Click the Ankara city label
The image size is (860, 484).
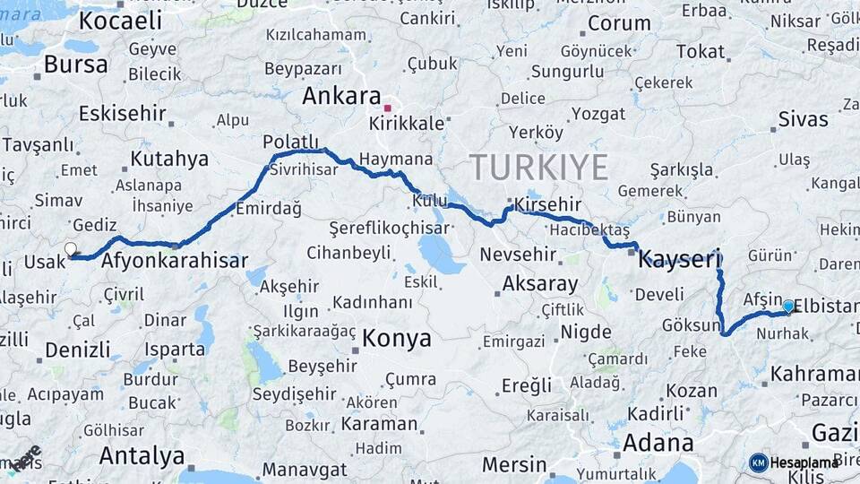pyautogui.click(x=341, y=97)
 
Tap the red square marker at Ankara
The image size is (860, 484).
pyautogui.click(x=387, y=108)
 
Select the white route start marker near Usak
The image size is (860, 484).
pyautogui.click(x=71, y=249)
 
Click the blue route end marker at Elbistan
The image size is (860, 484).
pyautogui.click(x=788, y=307)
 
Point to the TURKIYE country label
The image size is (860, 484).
pyautogui.click(x=538, y=168)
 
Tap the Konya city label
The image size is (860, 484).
pyautogui.click(x=397, y=339)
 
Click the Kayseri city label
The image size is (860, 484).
pyautogui.click(x=679, y=261)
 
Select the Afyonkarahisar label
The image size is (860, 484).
pyautogui.click(x=175, y=262)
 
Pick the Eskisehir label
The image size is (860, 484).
pyautogui.click(x=123, y=113)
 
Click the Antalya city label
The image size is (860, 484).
pyautogui.click(x=142, y=455)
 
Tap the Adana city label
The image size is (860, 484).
pyautogui.click(x=658, y=443)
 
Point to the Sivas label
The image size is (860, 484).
pyautogui.click(x=803, y=118)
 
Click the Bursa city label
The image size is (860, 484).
pyautogui.click(x=75, y=65)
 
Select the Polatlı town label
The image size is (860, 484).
pyautogui.click(x=290, y=142)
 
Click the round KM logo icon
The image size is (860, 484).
pyautogui.click(x=758, y=462)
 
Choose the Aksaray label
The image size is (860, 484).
pyautogui.click(x=539, y=283)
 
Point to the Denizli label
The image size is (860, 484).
pyautogui.click(x=77, y=349)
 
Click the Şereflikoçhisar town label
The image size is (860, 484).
pyautogui.click(x=388, y=228)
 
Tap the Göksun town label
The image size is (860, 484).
pyautogui.click(x=691, y=325)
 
